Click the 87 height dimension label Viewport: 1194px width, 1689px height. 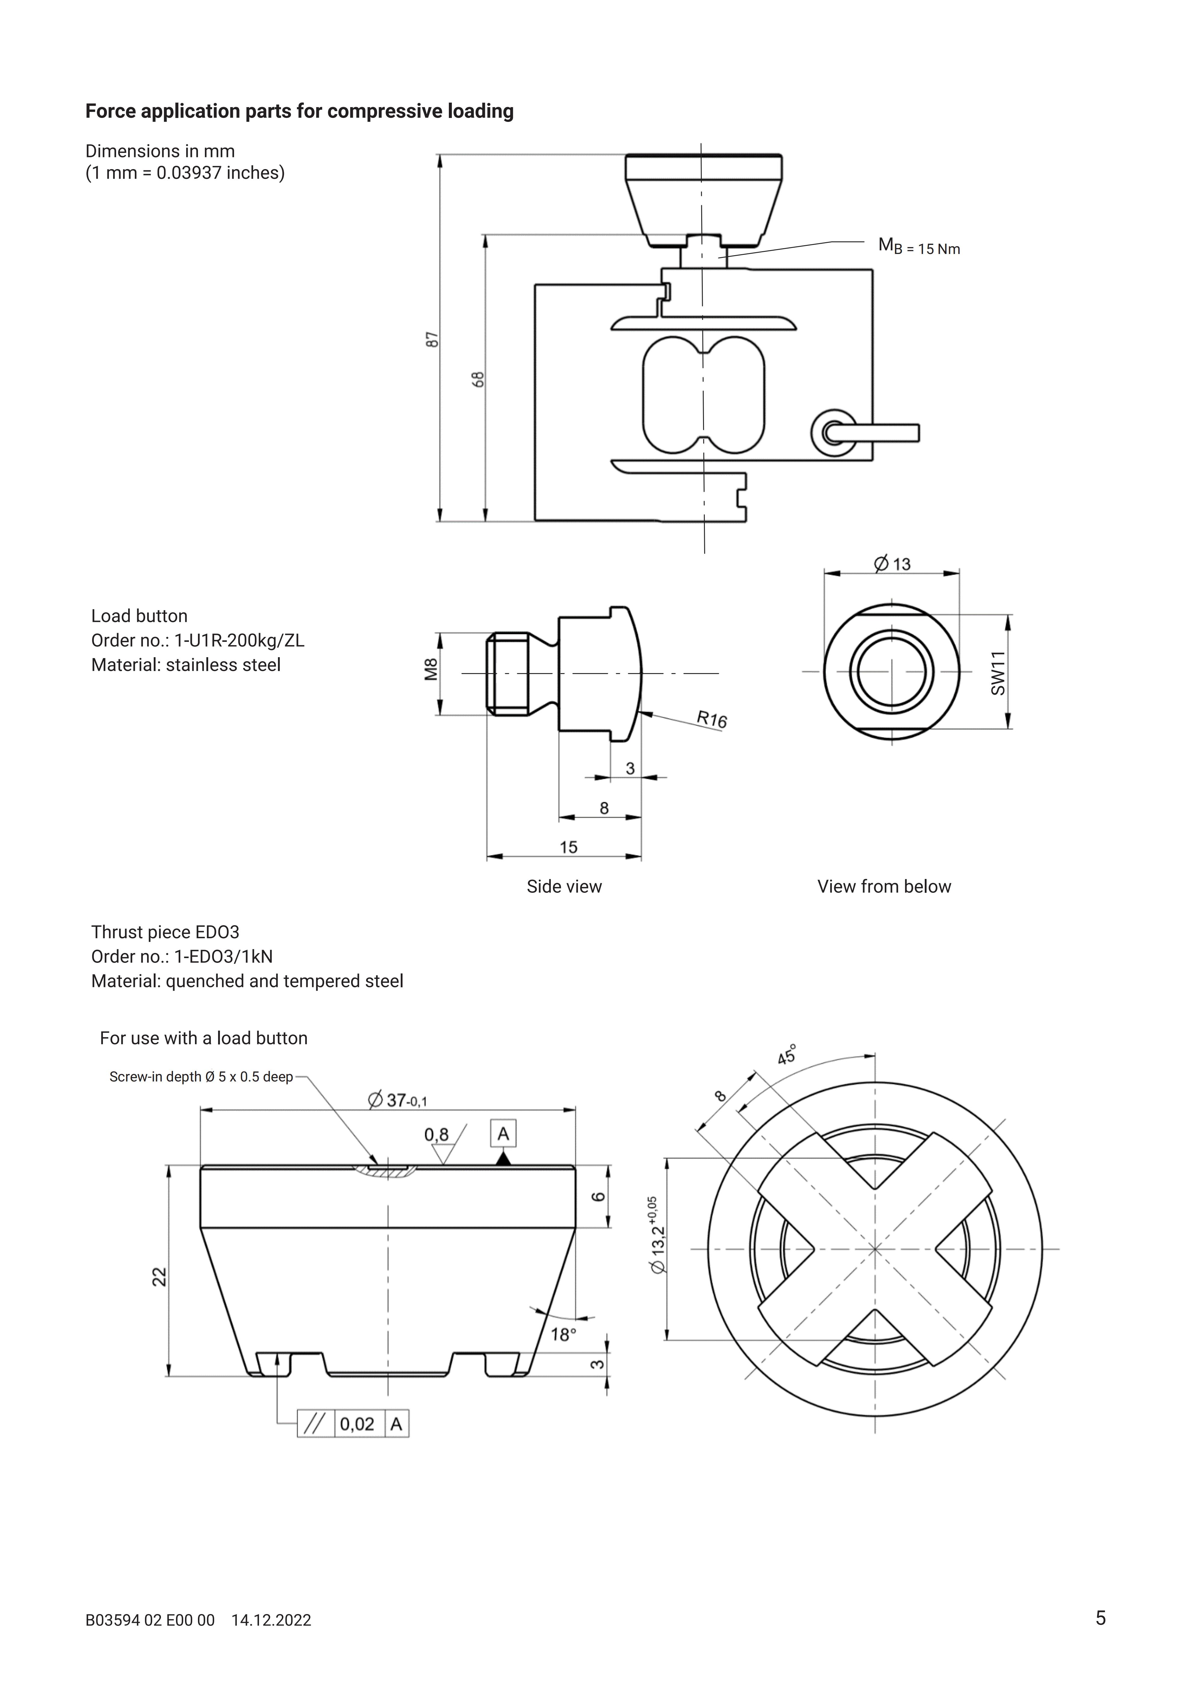[x=433, y=339]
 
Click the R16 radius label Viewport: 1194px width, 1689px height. [x=712, y=719]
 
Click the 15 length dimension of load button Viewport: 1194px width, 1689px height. [x=568, y=847]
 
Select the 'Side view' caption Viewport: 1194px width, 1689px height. [x=564, y=886]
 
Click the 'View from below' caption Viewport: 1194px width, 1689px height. [x=884, y=886]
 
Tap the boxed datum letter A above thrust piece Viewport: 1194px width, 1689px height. [x=503, y=1134]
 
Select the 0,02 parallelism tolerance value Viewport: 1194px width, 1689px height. [x=356, y=1423]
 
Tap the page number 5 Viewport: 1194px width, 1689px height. [x=1101, y=1618]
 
